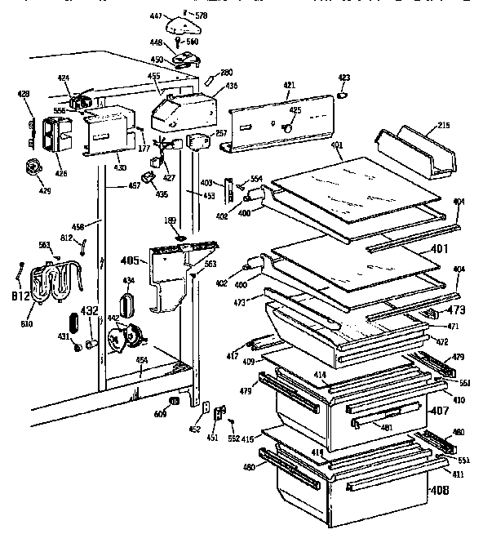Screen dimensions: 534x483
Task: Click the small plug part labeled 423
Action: [343, 94]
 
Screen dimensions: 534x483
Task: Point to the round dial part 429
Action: [33, 168]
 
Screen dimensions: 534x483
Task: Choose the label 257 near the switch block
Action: [220, 133]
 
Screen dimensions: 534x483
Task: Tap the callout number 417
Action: [233, 354]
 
